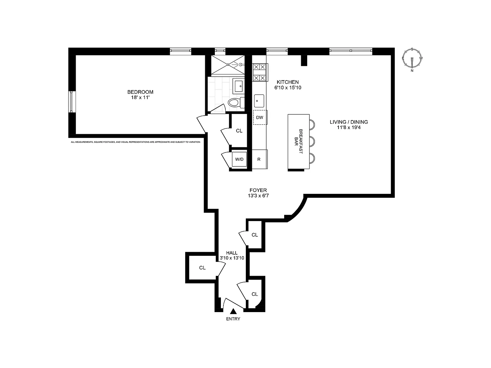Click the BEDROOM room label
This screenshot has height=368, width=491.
point(140,92)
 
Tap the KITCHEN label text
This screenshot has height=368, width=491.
point(288,82)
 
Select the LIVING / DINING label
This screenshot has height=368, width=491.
point(349,122)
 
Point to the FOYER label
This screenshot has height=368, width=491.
point(258,190)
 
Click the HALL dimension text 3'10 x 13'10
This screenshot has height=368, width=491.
point(232,258)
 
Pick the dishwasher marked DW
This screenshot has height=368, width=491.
point(260,117)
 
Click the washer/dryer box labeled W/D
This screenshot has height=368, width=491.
point(239,159)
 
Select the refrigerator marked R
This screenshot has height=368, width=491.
point(260,159)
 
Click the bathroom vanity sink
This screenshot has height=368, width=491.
point(238,86)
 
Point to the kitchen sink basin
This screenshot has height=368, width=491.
point(259,101)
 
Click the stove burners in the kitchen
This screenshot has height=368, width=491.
point(260,73)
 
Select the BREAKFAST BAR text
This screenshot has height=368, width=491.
point(298,142)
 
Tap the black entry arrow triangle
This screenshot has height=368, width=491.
point(233,311)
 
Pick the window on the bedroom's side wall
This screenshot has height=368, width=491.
point(72,102)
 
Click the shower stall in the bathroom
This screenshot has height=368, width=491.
point(228,65)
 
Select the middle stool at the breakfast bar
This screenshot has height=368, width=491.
point(312,142)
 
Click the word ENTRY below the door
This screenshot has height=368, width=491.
point(233,319)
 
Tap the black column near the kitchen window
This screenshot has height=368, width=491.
point(304,60)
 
